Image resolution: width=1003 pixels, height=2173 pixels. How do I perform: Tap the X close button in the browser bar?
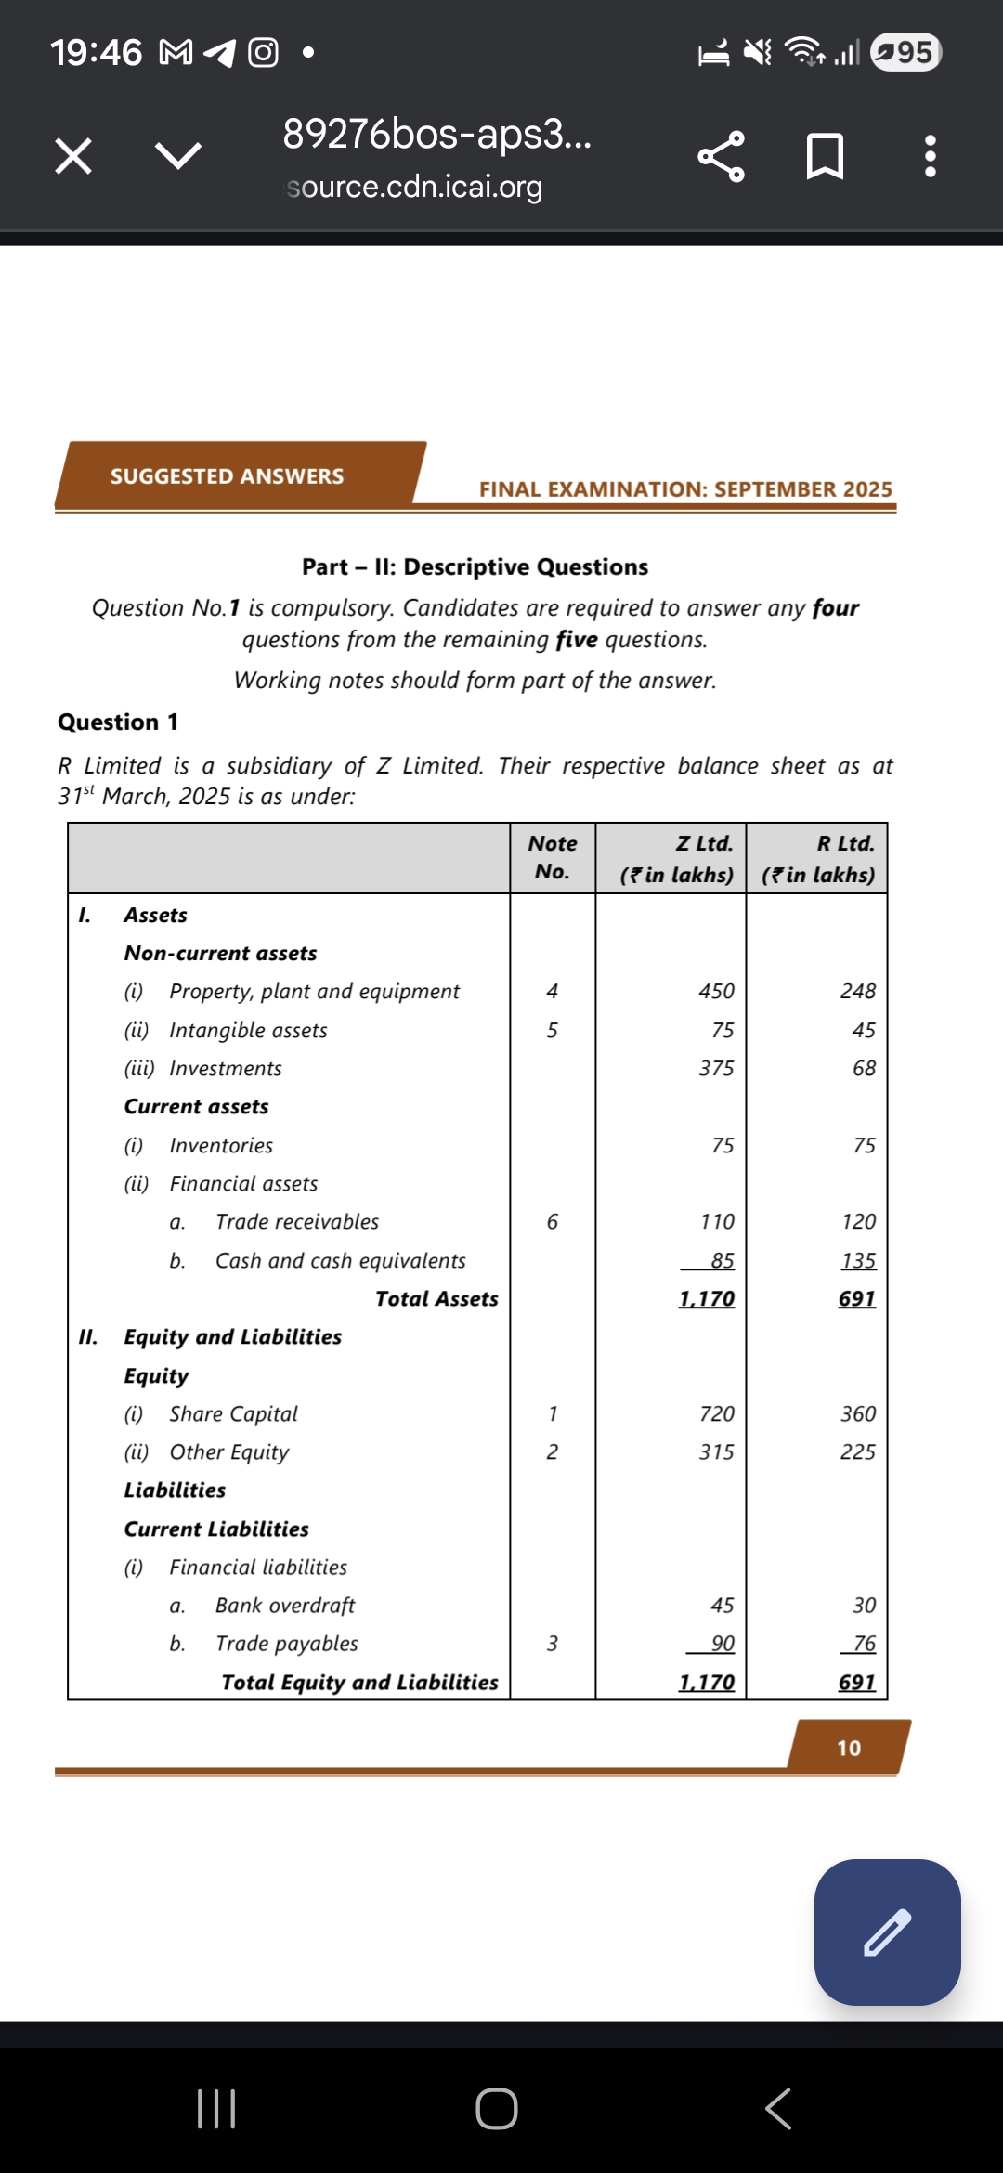pos(73,155)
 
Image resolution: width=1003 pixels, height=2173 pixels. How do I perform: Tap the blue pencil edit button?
pos(887,1932)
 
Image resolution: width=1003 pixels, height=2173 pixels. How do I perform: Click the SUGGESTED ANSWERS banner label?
pos(227,476)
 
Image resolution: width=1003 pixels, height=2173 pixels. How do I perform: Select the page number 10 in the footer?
pos(849,1748)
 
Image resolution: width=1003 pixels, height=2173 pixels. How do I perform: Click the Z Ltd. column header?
pos(704,843)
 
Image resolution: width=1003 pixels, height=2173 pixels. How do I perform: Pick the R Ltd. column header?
pos(845,843)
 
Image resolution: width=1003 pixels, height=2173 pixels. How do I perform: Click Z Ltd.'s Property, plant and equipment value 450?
pos(716,991)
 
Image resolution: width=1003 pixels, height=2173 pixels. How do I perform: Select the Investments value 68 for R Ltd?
pos(864,1068)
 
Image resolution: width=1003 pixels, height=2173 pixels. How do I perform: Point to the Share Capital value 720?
pos(716,1413)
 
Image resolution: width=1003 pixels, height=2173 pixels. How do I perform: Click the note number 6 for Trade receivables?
pos(553,1221)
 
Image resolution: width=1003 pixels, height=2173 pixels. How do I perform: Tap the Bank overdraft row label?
pos(285,1605)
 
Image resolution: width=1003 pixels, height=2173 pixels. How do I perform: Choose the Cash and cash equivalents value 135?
pos(858,1260)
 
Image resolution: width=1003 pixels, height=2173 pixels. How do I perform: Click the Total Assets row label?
pos(436,1298)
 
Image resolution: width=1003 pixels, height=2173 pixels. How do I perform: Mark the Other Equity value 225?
pos(857,1451)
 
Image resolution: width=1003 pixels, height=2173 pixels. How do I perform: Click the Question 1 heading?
pos(118,722)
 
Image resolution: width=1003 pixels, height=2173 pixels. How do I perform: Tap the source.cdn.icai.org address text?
pos(414,187)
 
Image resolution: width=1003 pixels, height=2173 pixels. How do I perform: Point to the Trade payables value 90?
pos(723,1643)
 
